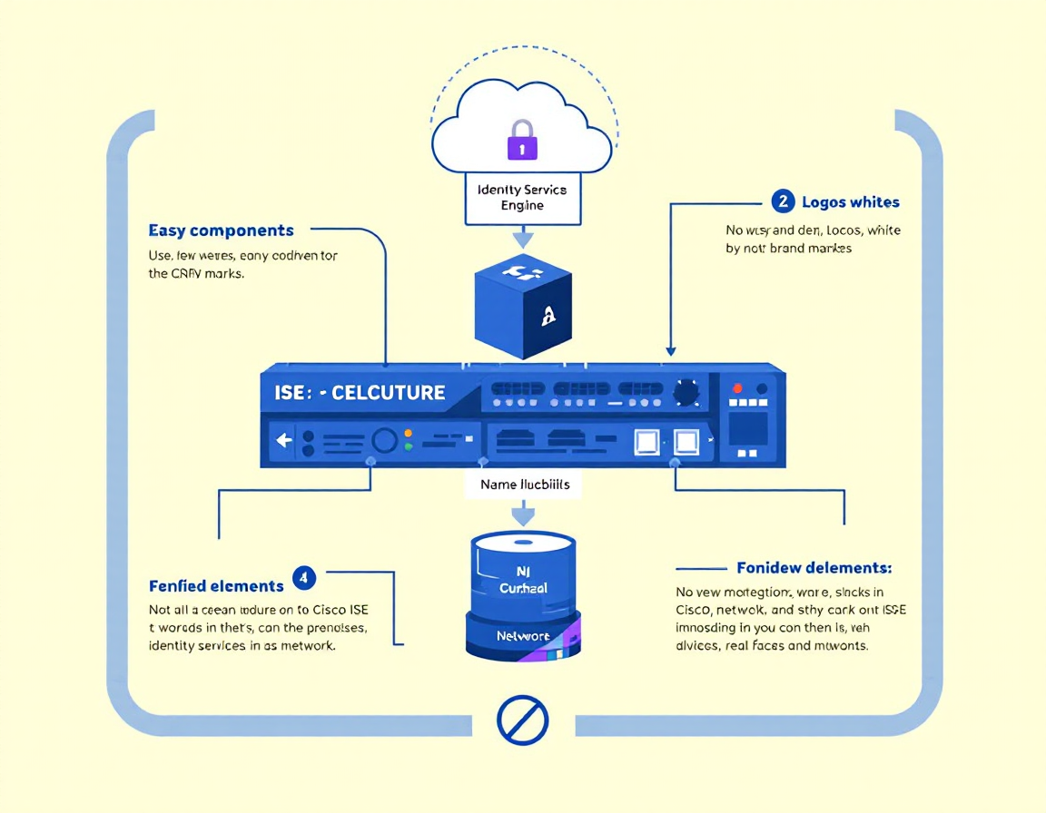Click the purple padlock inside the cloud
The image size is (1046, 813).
[x=521, y=141]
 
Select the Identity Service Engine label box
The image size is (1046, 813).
[x=522, y=197]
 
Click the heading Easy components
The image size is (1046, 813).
[x=221, y=230]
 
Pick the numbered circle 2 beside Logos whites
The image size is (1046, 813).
[x=783, y=201]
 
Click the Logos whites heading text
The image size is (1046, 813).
[x=851, y=202]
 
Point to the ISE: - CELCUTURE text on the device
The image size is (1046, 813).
[x=360, y=393]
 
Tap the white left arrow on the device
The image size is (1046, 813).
[x=283, y=441]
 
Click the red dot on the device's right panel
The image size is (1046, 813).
[x=736, y=387]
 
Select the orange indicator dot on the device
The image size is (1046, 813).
[x=408, y=434]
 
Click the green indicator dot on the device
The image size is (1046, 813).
[x=408, y=446]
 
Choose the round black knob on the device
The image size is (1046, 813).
[x=686, y=392]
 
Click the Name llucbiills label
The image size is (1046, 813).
[x=525, y=485]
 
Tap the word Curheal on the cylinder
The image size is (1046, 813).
[x=523, y=588]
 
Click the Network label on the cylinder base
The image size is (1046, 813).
[x=523, y=637]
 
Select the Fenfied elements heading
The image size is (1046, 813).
[x=216, y=586]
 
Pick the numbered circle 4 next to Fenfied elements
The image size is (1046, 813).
[x=304, y=577]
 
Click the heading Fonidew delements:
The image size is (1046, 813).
[x=814, y=568]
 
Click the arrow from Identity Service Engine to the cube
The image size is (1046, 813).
[x=522, y=239]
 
